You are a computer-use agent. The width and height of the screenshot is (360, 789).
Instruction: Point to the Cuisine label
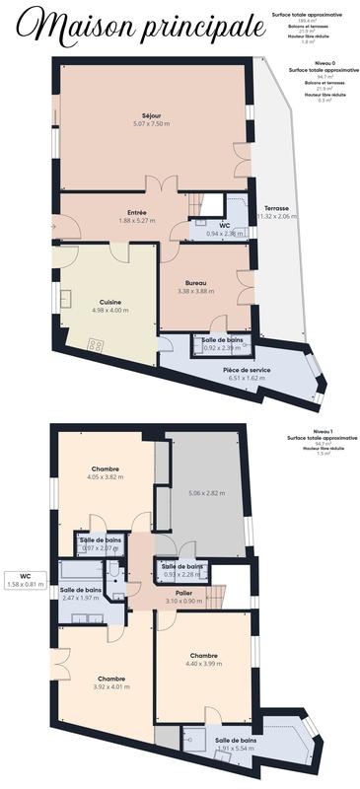109,301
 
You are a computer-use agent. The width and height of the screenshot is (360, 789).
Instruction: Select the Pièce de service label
247,369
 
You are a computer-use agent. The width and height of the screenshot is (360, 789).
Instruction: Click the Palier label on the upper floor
184,592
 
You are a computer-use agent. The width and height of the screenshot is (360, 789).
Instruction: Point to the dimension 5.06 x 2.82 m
205,492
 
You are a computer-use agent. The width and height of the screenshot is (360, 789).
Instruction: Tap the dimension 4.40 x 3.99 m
204,664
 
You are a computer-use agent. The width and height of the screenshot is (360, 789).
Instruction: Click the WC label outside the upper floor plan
25,575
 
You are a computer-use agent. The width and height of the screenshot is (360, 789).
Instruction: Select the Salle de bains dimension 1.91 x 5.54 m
236,749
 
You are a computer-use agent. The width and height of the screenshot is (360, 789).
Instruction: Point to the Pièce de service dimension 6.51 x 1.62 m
247,378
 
